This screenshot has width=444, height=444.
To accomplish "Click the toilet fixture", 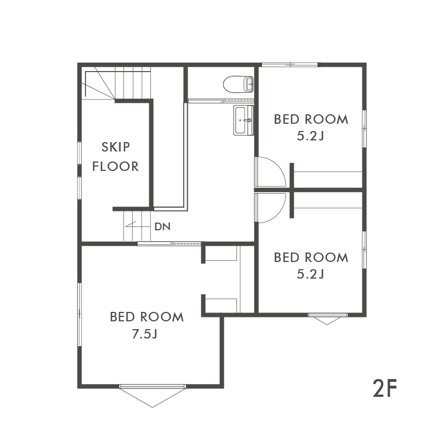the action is (239, 84).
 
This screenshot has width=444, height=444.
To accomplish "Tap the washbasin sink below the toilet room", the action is (243, 120).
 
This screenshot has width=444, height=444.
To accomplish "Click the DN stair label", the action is (163, 226).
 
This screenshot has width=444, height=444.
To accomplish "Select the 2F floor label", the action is (385, 388).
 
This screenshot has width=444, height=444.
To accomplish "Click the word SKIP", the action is (115, 147).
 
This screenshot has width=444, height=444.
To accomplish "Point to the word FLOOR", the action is (115, 166).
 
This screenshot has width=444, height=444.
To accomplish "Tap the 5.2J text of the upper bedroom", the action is (310, 137).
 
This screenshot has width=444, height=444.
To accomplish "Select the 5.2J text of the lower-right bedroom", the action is (310, 274).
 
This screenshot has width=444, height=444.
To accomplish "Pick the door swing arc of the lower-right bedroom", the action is (279, 213).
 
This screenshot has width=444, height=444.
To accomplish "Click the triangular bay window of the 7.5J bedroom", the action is (153, 396).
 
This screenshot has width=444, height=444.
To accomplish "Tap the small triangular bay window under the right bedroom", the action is (327, 320).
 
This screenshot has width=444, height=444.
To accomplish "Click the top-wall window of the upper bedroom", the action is (290, 65).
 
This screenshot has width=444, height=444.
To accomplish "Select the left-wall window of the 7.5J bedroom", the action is (79, 314).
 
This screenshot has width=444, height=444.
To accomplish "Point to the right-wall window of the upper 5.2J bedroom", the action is (365, 129).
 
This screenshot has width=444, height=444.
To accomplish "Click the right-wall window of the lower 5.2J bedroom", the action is (365, 250).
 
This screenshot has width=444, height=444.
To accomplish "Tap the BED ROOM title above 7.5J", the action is (147, 317).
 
